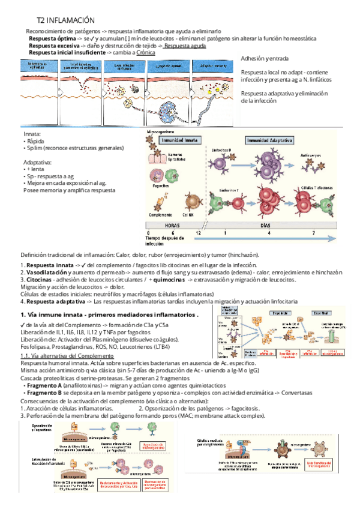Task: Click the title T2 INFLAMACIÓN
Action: tap(70, 20)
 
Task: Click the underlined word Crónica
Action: tap(146, 53)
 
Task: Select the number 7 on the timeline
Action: tap(313, 232)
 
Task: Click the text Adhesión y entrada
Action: tap(265, 59)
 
